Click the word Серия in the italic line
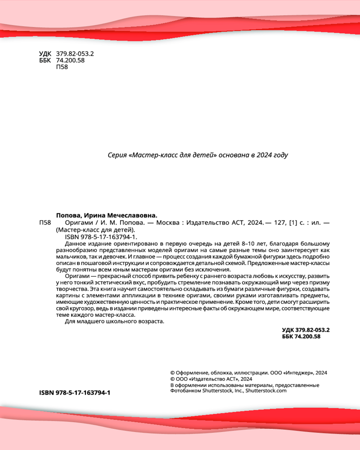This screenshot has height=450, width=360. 117,155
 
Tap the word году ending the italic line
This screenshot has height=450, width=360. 279,155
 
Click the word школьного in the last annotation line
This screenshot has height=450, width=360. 120,322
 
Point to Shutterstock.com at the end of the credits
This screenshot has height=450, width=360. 266,391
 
